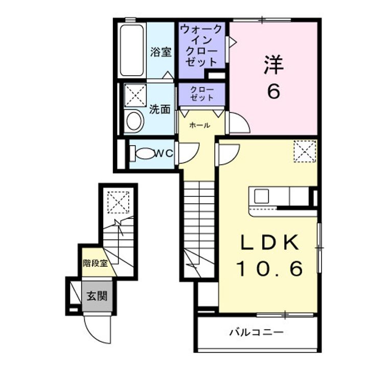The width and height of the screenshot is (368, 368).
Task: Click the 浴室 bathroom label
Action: click(161, 52)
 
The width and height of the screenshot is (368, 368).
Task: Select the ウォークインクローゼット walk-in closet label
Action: click(201, 45)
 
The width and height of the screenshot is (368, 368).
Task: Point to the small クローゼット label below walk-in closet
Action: click(202, 94)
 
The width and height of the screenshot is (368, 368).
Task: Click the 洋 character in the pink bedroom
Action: click(273, 64)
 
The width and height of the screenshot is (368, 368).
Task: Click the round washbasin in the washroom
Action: click(134, 121)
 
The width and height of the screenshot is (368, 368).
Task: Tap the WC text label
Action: click(164, 153)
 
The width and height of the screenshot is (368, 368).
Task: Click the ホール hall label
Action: click(199, 125)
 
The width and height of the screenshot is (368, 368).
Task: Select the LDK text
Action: click(270, 242)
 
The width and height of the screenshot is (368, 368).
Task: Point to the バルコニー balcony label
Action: click(256, 332)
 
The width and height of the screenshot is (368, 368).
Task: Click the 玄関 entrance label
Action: click(97, 296)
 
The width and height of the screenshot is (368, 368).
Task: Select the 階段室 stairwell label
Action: click(95, 263)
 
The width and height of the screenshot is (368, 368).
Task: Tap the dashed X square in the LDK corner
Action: click(305, 151)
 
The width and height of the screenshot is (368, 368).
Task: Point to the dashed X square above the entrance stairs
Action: click(118, 202)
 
